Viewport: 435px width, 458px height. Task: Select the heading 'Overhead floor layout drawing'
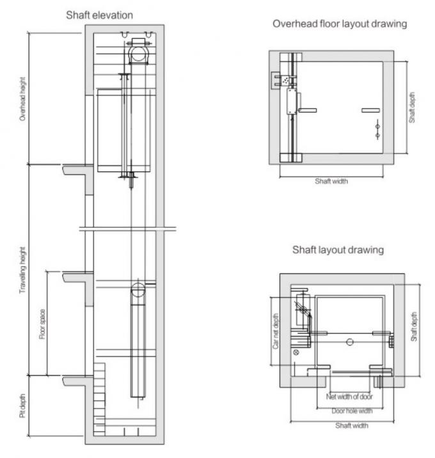(x=340, y=24)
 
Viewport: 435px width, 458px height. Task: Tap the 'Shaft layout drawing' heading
(x=338, y=249)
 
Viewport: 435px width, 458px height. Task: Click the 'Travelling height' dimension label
(x=23, y=269)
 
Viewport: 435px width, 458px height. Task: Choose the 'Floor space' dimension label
(x=42, y=324)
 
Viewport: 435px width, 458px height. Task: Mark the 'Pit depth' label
(x=23, y=408)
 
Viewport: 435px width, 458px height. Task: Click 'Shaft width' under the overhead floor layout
(x=331, y=181)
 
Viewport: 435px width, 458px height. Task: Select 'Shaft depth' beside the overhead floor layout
(x=413, y=107)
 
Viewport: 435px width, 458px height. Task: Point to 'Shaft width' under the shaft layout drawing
(x=352, y=425)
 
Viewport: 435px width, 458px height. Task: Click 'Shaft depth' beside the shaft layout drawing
(x=414, y=327)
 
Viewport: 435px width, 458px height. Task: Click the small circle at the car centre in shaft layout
(x=349, y=342)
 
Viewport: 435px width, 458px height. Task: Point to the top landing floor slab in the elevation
(x=75, y=170)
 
